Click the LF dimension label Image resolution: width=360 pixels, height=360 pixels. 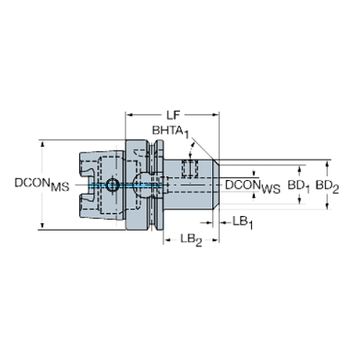[x=173, y=115]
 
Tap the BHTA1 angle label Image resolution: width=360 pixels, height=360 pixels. [x=170, y=132]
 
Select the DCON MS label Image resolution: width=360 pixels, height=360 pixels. [x=42, y=184]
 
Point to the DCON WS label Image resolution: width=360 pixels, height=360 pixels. [x=253, y=187]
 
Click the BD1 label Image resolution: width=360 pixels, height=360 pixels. [x=298, y=187]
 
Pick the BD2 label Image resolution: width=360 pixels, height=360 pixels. [x=327, y=187]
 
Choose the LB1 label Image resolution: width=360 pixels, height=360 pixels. [x=242, y=223]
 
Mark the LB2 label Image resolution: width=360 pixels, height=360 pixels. [x=191, y=240]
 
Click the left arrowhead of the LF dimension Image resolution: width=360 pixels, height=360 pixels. [x=129, y=115]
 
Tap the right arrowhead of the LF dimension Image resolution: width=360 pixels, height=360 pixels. [x=215, y=115]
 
